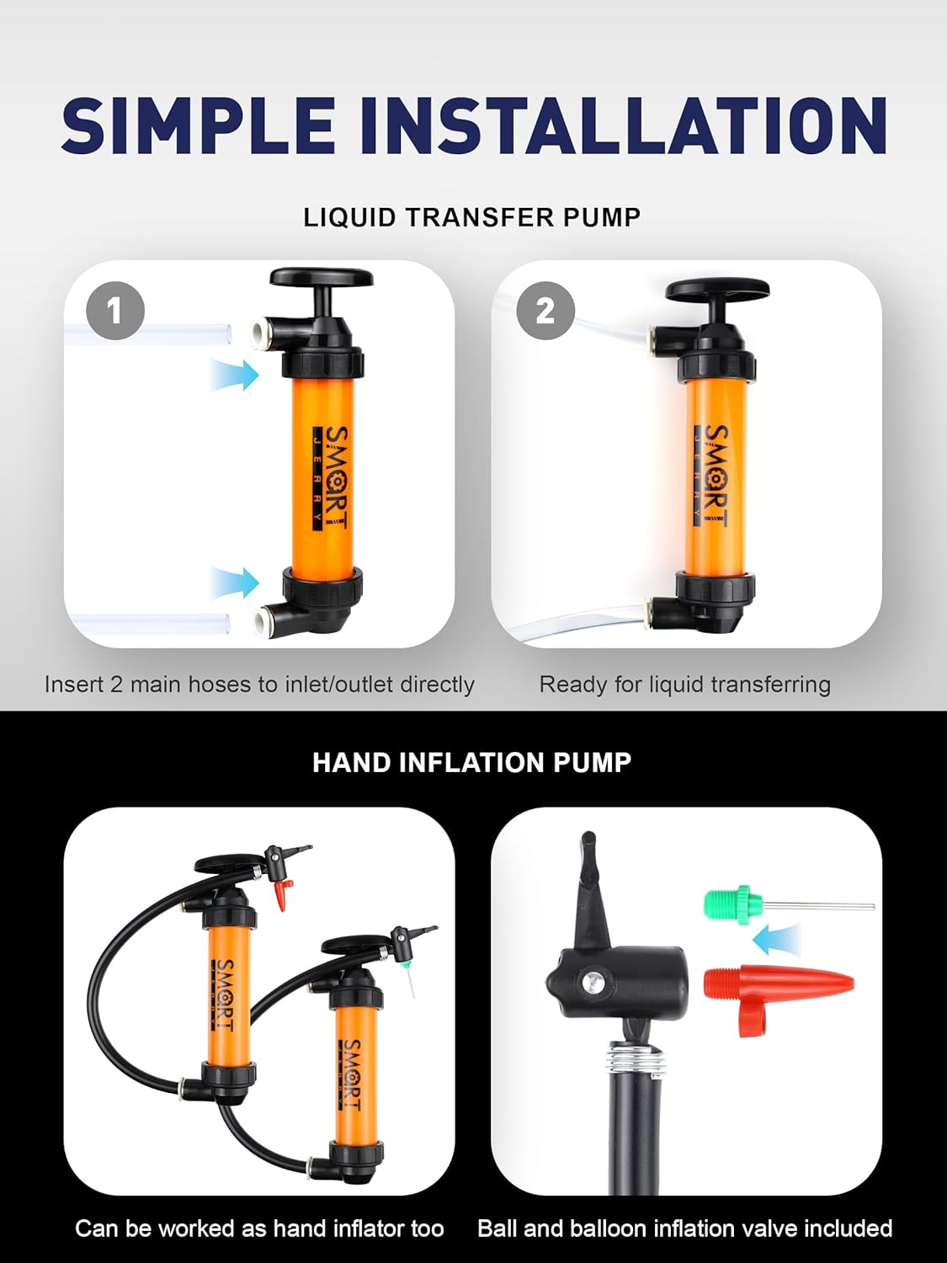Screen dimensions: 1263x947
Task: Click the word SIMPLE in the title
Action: pyautogui.click(x=199, y=125)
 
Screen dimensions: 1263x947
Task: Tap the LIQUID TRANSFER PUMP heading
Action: pyautogui.click(x=472, y=217)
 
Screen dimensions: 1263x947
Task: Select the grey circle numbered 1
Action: pyautogui.click(x=115, y=311)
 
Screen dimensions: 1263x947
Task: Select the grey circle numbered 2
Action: pyautogui.click(x=545, y=311)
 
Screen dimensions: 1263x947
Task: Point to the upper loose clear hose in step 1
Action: pyautogui.click(x=152, y=332)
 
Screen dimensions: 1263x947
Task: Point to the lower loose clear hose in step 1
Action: pyautogui.click(x=152, y=624)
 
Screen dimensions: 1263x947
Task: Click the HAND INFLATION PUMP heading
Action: pyautogui.click(x=472, y=763)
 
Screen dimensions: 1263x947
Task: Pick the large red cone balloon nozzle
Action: pyautogui.click(x=774, y=983)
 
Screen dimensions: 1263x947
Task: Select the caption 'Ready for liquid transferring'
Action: pyautogui.click(x=684, y=685)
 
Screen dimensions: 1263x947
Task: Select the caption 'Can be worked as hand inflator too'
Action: pyautogui.click(x=259, y=1228)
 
